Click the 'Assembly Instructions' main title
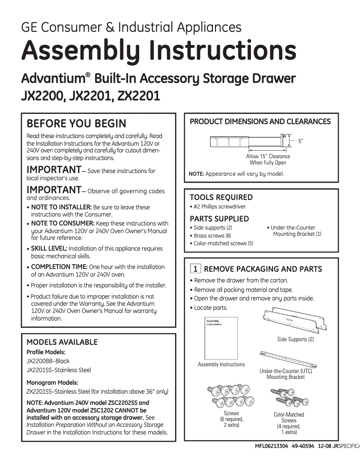click(158, 51)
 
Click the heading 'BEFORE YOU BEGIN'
click(76, 124)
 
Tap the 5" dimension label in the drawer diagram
click(301, 141)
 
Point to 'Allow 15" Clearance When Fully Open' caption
click(268, 160)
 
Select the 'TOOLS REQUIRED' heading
click(221, 197)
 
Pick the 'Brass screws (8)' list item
click(212, 235)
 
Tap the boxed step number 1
click(195, 269)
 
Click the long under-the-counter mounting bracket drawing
click(285, 360)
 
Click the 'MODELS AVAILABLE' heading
click(62, 342)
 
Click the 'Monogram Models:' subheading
click(52, 382)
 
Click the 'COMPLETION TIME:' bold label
click(59, 267)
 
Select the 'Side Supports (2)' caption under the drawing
click(295, 339)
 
